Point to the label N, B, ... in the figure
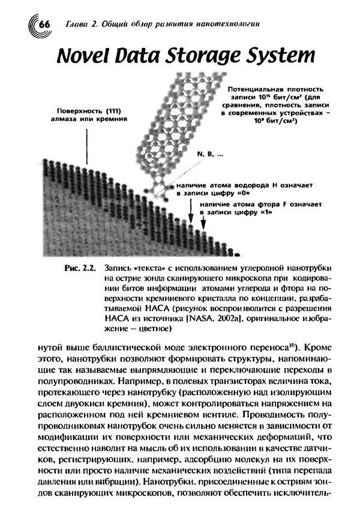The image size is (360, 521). point(208,154)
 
